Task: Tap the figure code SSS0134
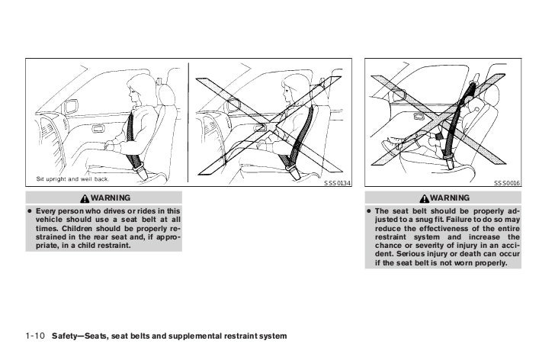pos(338,184)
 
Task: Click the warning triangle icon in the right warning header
pos(432,198)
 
